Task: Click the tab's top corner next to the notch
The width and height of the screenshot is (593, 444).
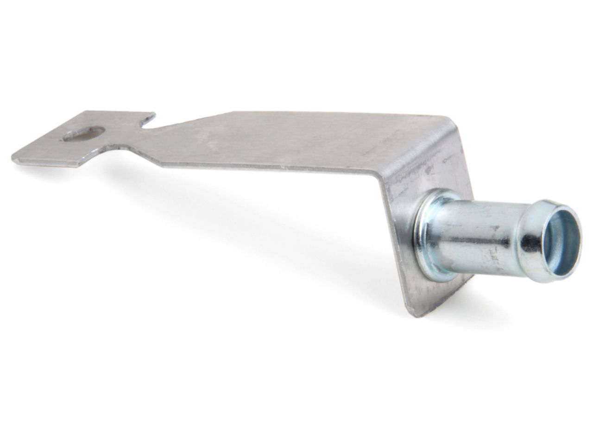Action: coord(153,113)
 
